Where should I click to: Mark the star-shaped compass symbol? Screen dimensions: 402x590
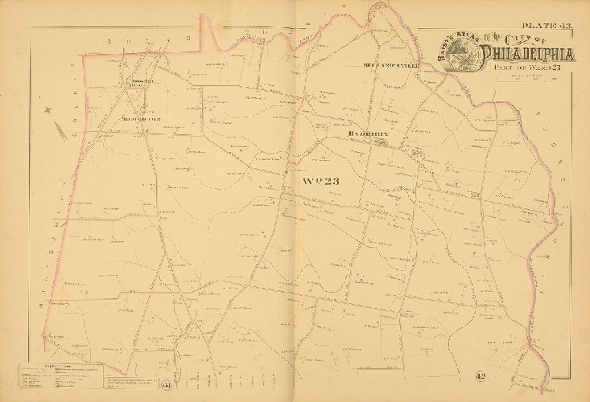point(48,109)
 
